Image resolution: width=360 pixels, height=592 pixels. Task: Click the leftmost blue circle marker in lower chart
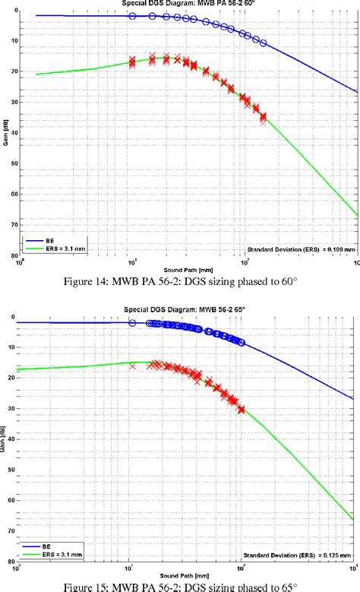(x=132, y=323)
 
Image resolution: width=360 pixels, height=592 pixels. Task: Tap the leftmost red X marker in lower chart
(x=133, y=366)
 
